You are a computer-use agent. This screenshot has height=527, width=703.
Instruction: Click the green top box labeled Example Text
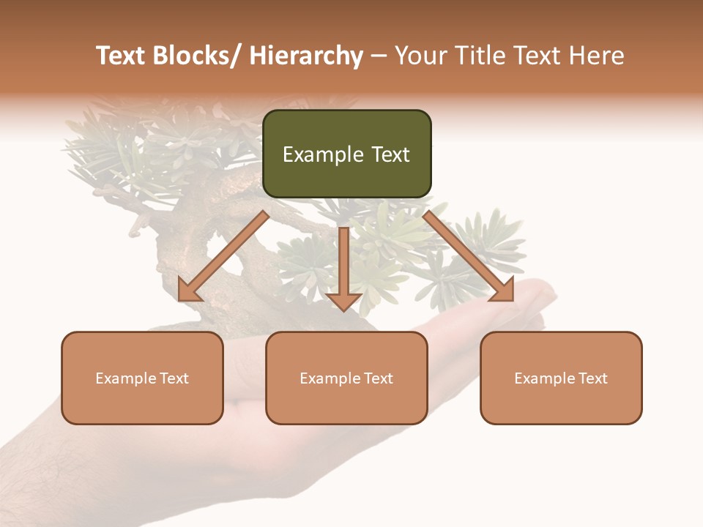click(346, 154)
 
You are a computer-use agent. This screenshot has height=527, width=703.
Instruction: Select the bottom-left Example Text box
click(142, 378)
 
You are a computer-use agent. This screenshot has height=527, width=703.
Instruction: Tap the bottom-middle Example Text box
click(346, 378)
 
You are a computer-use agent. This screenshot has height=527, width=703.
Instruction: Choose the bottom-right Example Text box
click(561, 378)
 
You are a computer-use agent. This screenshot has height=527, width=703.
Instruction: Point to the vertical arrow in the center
click(344, 263)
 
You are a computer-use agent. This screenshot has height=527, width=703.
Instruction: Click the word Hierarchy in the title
click(306, 56)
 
